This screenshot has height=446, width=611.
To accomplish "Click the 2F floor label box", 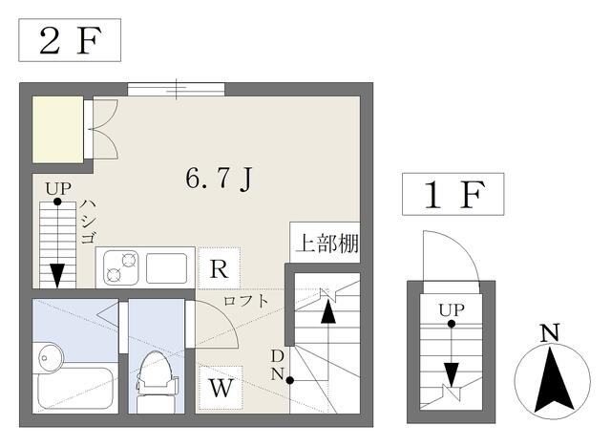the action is click(x=70, y=40).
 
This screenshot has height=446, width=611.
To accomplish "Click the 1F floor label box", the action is click(x=453, y=194).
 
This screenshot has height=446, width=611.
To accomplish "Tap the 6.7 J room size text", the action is click(x=220, y=179).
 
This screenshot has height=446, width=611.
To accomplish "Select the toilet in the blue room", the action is click(x=155, y=381).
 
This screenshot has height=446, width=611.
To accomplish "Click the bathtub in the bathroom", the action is click(x=75, y=389).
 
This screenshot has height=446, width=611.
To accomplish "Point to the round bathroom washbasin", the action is click(x=51, y=357).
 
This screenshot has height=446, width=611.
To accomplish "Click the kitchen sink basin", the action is click(x=166, y=267).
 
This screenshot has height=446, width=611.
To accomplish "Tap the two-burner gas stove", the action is click(x=121, y=267).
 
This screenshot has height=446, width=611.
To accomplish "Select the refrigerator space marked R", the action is click(x=219, y=268).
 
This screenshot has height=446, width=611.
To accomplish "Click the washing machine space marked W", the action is click(x=221, y=388).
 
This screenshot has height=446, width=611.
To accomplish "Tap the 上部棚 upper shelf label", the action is click(x=327, y=244).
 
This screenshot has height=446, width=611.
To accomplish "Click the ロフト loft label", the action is click(x=246, y=301).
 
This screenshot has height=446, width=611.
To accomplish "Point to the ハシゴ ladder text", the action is click(x=88, y=222).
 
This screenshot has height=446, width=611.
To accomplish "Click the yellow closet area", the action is click(x=57, y=129).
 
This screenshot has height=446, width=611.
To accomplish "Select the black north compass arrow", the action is click(x=553, y=380).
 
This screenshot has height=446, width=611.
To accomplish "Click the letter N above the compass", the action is click(x=550, y=332).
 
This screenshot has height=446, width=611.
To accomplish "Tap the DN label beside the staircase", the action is click(x=277, y=365).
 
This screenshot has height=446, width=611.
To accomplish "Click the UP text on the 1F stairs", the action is click(x=452, y=310).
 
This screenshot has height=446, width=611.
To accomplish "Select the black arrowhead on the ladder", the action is click(x=57, y=275).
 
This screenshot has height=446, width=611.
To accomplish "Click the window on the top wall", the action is click(x=176, y=89).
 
